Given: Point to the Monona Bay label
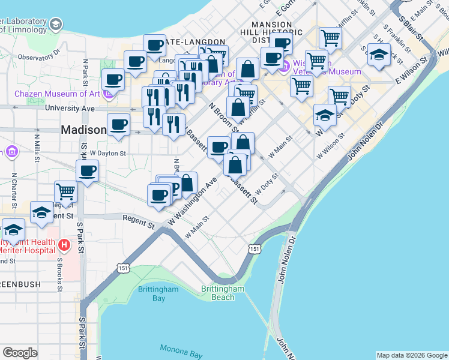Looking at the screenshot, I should tap(181, 351).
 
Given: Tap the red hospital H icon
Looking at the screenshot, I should tap(64, 245).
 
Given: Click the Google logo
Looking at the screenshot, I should tap(20, 353).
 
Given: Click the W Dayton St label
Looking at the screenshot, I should tap(107, 153).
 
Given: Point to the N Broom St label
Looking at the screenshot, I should tap(223, 116).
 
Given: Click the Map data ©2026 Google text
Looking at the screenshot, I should tap(411, 355).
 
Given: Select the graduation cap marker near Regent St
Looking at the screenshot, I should tap(41, 213).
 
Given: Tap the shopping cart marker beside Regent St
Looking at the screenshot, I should tap(66, 192).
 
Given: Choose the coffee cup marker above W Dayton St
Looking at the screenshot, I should tap(87, 170).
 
